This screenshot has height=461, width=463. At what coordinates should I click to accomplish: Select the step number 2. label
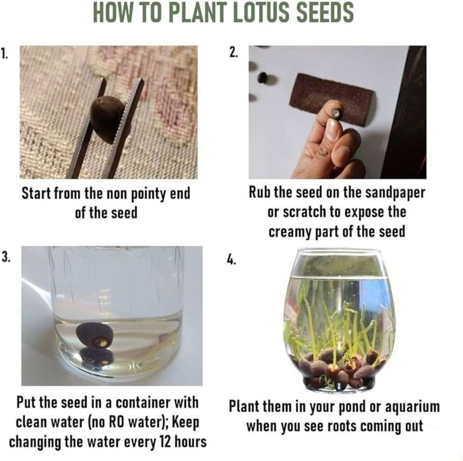233,53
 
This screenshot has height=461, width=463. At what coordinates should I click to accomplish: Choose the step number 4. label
232,260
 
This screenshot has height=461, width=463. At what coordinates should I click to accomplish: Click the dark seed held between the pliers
105,119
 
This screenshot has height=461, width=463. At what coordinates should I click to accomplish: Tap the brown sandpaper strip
331,100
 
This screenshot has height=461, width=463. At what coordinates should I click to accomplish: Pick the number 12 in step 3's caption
165,442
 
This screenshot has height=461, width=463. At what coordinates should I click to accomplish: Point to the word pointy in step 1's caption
150,194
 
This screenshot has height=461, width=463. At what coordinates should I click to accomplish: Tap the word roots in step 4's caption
340,426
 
